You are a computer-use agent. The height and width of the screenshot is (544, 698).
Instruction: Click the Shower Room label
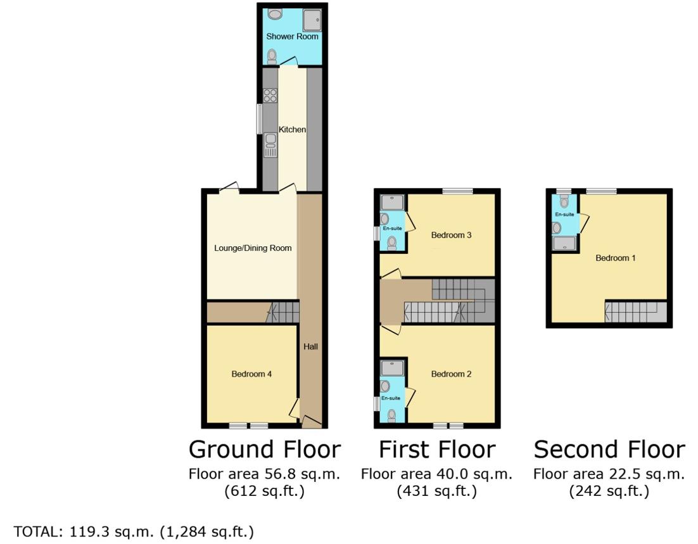pos(292,37)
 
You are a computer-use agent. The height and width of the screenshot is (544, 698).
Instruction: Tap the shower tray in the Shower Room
pos(312,20)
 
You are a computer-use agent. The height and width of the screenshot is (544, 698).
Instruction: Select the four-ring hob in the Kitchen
pos(270,96)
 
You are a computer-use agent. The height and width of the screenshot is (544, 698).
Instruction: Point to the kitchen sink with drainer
pos(270,144)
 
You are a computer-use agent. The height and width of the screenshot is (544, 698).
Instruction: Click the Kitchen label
pos(292,130)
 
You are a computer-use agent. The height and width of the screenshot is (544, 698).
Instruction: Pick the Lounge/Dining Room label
pos(253,248)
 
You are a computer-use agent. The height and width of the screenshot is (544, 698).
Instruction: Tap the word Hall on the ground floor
pos(310,347)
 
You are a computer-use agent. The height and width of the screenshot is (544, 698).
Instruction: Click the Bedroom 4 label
pos(251,374)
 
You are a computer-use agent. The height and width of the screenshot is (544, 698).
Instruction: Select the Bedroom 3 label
pos(452,236)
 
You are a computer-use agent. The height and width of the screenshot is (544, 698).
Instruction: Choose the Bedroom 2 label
pos(452,374)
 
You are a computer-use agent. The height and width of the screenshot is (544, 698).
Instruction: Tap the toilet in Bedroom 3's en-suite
pos(391,242)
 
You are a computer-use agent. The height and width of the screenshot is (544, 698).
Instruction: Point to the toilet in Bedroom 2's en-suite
pos(391,415)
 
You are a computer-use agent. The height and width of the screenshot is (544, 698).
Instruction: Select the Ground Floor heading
pos(265,450)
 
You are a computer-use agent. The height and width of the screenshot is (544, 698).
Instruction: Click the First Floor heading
pos(437,450)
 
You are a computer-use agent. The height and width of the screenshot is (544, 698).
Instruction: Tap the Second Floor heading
pos(609,450)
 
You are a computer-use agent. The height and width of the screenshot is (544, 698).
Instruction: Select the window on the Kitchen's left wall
pos(260,118)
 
